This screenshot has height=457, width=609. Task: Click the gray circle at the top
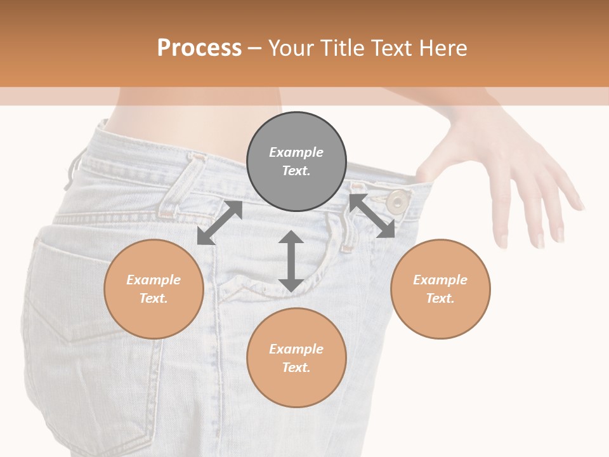click(296, 162)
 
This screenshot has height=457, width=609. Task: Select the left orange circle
click(154, 289)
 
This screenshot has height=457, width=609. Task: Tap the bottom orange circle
click(296, 357)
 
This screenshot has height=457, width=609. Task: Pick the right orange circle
click(440, 289)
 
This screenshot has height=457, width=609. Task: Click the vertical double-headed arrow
click(291, 261)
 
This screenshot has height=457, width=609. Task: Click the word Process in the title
click(199, 48)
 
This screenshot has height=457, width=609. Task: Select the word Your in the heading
click(290, 48)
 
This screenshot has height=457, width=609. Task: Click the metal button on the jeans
click(398, 201)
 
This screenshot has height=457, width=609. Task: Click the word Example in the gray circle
click(296, 152)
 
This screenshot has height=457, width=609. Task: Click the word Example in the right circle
click(440, 280)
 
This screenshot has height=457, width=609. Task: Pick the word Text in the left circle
click(153, 298)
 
